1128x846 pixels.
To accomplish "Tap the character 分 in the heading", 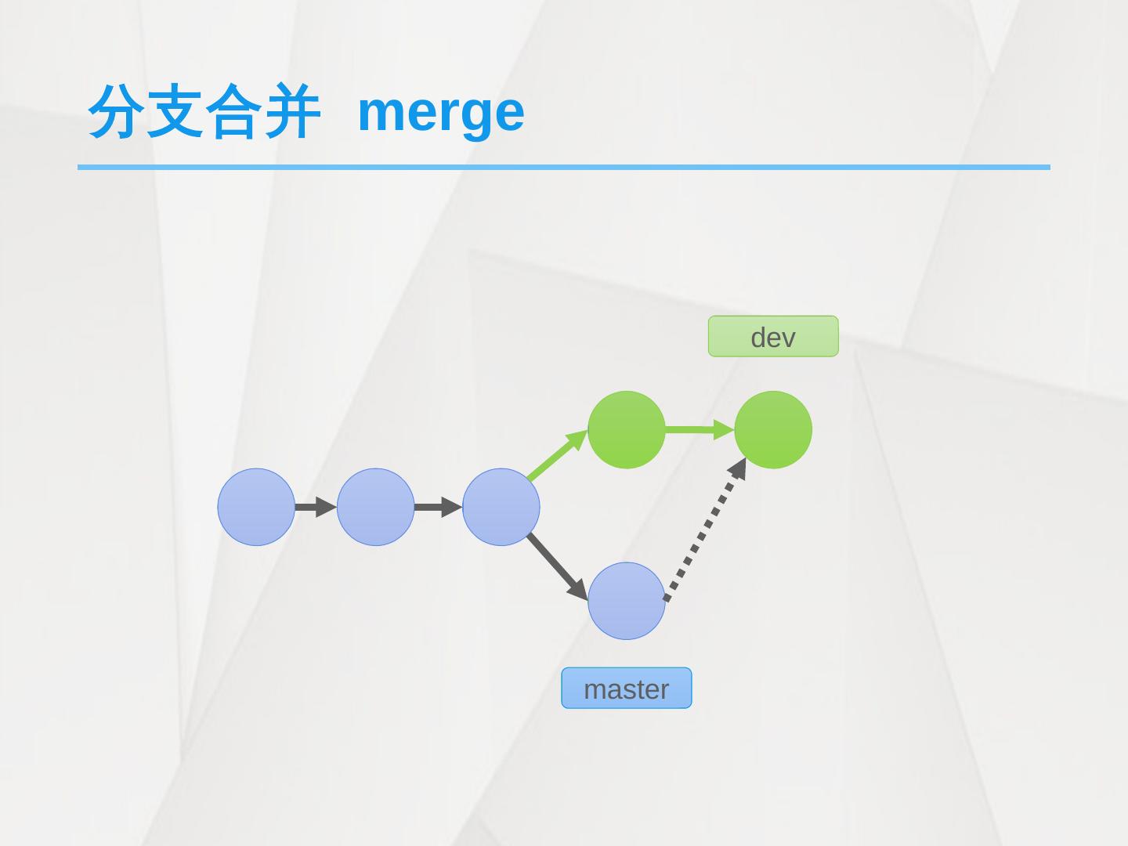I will tap(117, 111).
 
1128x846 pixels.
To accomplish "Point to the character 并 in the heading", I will tap(291, 111).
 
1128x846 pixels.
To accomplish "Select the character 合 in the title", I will tap(233, 111).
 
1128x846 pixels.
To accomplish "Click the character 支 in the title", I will tap(175, 111).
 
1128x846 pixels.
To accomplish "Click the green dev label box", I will tap(773, 337).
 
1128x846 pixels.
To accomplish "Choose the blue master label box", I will tap(626, 689).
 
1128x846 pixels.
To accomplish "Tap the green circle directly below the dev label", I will tap(773, 430).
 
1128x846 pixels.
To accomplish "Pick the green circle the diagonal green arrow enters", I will tap(626, 430).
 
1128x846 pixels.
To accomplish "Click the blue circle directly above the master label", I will tap(626, 601).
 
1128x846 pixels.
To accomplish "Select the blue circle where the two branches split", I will tap(501, 507).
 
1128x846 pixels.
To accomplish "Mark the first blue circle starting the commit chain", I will tap(256, 507).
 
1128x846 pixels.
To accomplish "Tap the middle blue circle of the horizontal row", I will tap(375, 507).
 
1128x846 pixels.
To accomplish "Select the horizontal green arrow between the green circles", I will tap(697, 429).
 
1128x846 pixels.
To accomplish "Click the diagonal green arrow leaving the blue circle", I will tap(556, 455).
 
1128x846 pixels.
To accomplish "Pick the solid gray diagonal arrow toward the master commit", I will tap(557, 566).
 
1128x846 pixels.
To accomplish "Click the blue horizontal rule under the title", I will tap(564, 167).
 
